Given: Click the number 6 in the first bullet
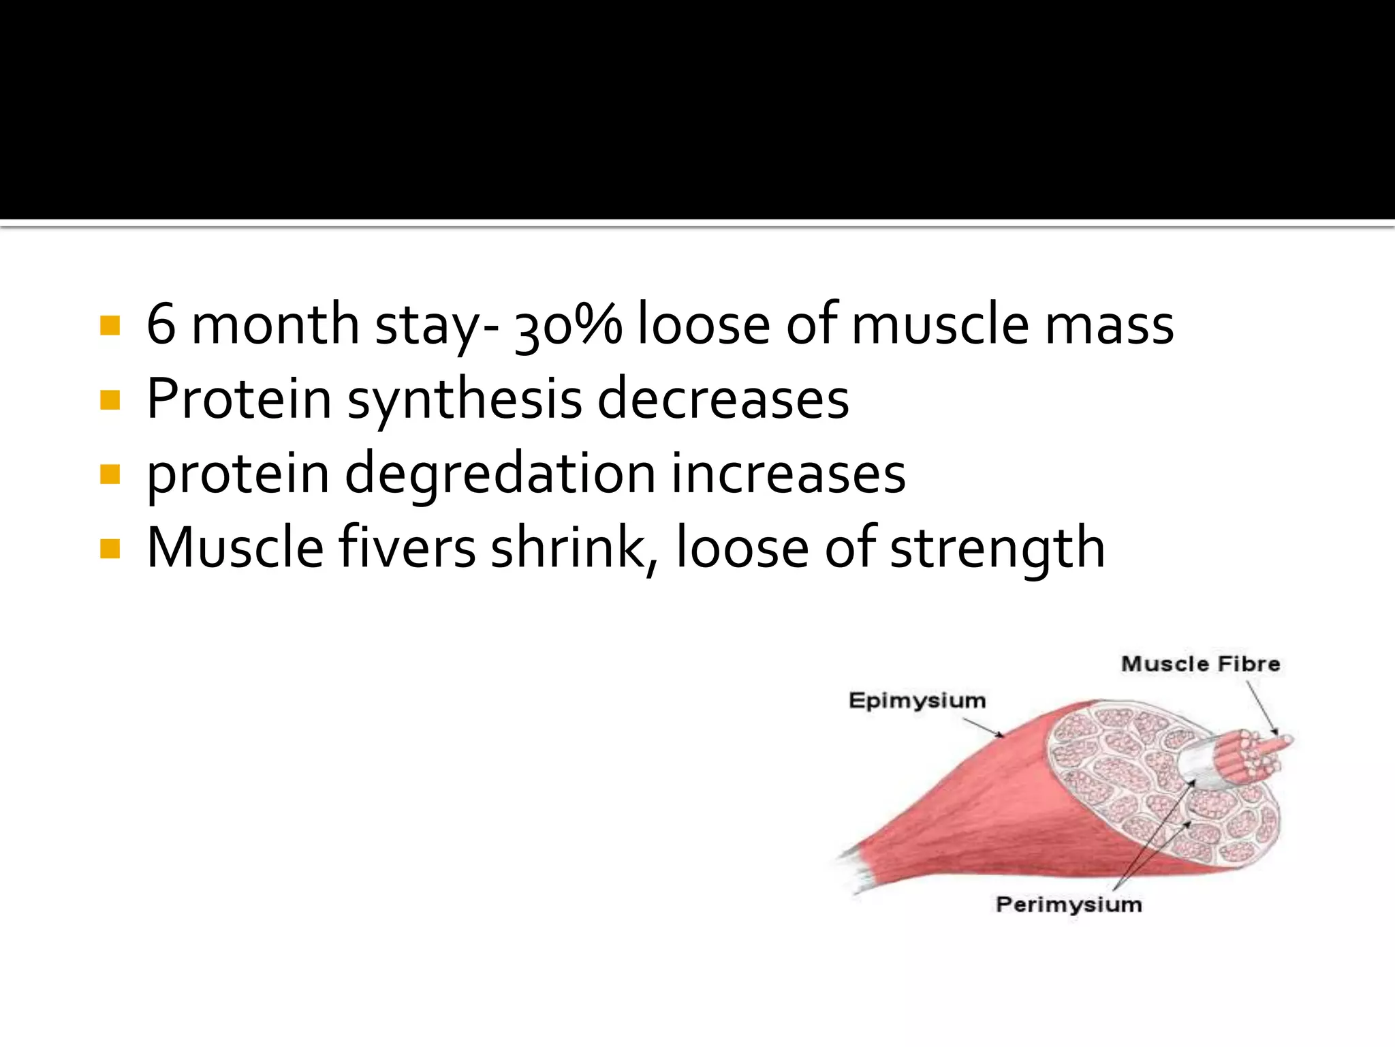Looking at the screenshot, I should point(161,324).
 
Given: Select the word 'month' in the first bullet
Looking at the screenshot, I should point(275,324).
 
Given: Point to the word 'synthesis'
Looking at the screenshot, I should point(465,401).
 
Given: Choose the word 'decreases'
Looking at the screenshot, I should point(723,399).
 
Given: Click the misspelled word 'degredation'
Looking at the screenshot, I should point(500,474).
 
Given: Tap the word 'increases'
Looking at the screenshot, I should point(789,474).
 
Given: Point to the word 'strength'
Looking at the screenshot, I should point(997,549).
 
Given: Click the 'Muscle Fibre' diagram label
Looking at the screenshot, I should point(1200,664).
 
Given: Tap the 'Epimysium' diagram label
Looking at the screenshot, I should point(917,701).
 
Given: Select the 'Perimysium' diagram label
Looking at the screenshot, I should point(1069,905).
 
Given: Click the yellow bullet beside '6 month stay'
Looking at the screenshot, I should point(110,326).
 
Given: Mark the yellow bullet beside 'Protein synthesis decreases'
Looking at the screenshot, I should point(110,400).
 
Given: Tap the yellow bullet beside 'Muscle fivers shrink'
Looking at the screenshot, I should point(110,548).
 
